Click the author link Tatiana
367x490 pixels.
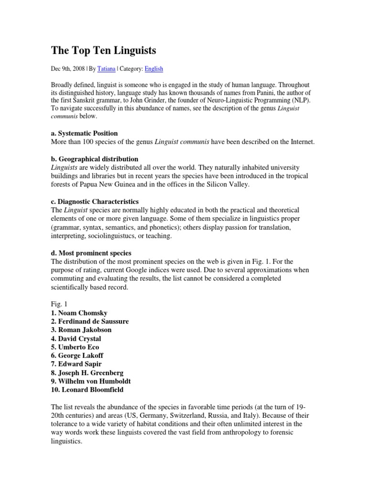coord(106,69)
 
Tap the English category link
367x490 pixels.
coord(154,69)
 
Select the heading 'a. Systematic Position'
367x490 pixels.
coord(84,133)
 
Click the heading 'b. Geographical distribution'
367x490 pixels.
coord(94,159)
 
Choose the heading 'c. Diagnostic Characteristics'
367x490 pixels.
coord(95,201)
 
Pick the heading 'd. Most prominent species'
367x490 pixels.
coord(91,253)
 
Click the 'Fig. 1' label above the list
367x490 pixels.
coord(59,304)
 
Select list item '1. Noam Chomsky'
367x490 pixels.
coord(79,313)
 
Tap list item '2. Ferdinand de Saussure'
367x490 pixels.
coord(90,322)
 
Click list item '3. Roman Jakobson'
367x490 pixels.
coord(81,330)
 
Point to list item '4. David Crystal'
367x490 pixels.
coord(76,339)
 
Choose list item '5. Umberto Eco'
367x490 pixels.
coord(75,347)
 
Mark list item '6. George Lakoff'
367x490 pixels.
coord(77,356)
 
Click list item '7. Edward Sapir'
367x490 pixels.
coord(76,365)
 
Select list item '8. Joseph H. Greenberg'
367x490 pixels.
coord(86,373)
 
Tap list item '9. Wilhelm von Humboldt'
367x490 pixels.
coord(91,382)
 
